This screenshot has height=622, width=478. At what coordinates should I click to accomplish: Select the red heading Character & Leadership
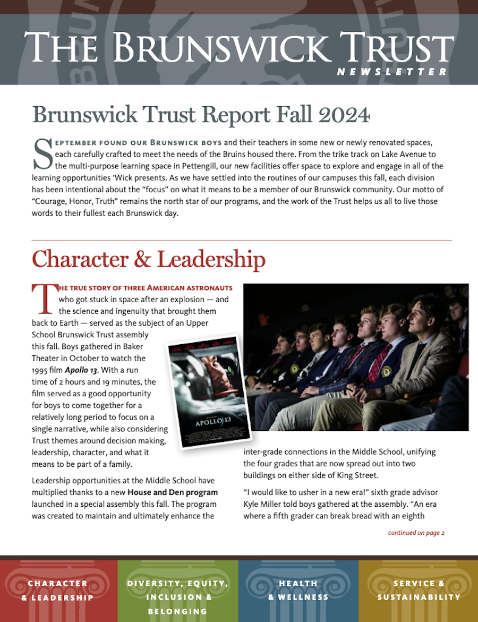pos(149,259)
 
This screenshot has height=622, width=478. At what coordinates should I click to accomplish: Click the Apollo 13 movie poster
pos(208,392)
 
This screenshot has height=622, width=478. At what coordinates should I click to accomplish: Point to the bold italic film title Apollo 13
pos(86,370)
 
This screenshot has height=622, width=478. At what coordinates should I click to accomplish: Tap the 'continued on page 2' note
pos(416,533)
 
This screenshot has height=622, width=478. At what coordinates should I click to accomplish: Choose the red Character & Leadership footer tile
pos(58,590)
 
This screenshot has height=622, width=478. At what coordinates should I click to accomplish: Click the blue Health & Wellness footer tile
pos(298,590)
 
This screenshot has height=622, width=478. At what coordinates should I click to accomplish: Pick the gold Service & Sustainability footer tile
pos(419,590)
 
